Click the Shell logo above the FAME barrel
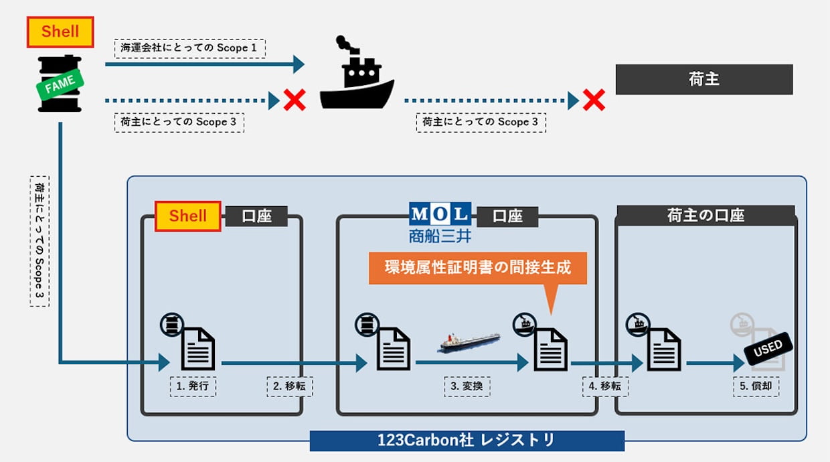coord(60,32)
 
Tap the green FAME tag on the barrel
coord(60,86)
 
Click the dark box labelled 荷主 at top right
coord(703,79)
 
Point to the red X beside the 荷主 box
coord(593,100)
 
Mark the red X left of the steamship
coord(295,100)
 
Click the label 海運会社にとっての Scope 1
coord(190,48)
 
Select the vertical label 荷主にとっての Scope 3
coord(39,242)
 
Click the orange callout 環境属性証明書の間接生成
coord(477,267)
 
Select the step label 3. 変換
coord(467,386)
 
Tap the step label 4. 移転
coord(604,386)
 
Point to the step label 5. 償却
coord(756,386)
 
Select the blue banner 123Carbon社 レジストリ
coord(467,441)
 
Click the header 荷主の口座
coord(705,216)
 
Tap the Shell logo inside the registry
coord(188,216)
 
